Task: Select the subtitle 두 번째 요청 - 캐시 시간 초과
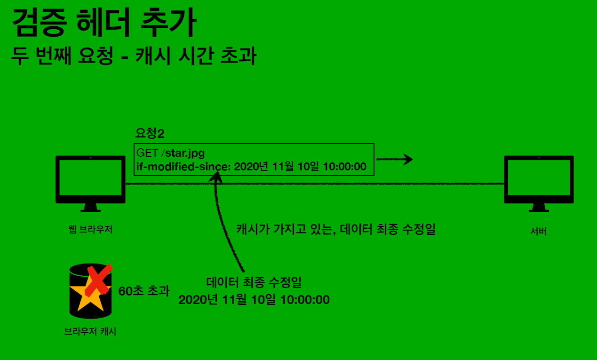click(x=134, y=56)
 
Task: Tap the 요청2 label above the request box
click(x=150, y=134)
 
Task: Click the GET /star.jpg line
click(x=171, y=153)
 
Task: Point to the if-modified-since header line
click(x=251, y=166)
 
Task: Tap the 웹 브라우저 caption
click(x=90, y=230)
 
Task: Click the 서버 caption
click(x=538, y=231)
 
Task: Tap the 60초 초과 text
click(x=143, y=291)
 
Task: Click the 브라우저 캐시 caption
click(x=90, y=332)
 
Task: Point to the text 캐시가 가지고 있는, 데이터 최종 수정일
click(x=335, y=230)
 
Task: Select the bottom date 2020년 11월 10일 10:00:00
click(x=254, y=300)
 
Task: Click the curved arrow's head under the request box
click(x=218, y=176)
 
